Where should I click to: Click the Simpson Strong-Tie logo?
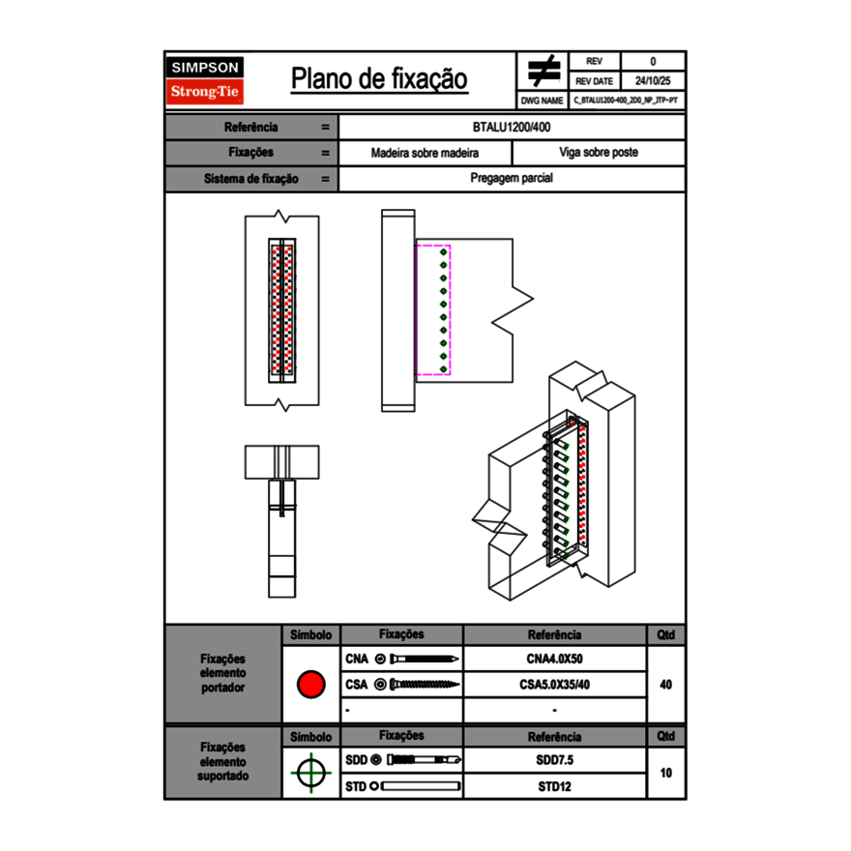(x=206, y=80)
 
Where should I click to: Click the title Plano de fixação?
(x=379, y=79)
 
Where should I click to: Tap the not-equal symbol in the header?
(x=543, y=72)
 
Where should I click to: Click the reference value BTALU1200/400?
(x=513, y=127)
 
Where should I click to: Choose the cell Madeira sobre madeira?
(x=425, y=153)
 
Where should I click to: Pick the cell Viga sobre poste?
(x=598, y=153)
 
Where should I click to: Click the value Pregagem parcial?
(x=512, y=179)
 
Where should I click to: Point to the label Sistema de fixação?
(x=251, y=179)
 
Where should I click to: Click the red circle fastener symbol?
(x=310, y=685)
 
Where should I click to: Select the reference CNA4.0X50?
(x=554, y=660)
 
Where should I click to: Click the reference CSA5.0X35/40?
(x=554, y=685)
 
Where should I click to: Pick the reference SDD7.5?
(x=554, y=760)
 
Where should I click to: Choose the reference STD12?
(x=554, y=786)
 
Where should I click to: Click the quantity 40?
(x=665, y=685)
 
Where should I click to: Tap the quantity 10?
(x=665, y=773)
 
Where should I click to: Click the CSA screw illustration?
(x=424, y=685)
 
